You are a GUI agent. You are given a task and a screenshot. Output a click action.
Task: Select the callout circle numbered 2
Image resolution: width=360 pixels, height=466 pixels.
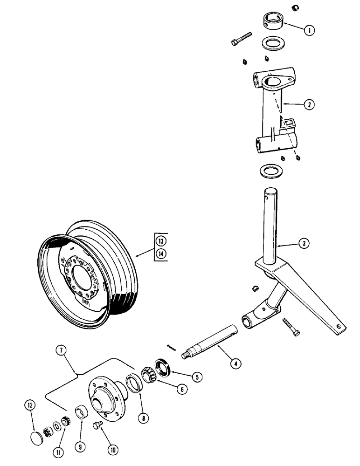tap(307, 105)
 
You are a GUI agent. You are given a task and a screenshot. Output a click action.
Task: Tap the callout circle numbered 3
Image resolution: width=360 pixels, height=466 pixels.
tap(304, 243)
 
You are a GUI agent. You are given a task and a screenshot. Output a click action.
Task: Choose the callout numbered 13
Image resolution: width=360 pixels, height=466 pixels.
tap(160, 241)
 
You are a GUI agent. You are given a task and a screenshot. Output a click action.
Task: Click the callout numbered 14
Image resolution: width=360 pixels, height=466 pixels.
tap(160, 254)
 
